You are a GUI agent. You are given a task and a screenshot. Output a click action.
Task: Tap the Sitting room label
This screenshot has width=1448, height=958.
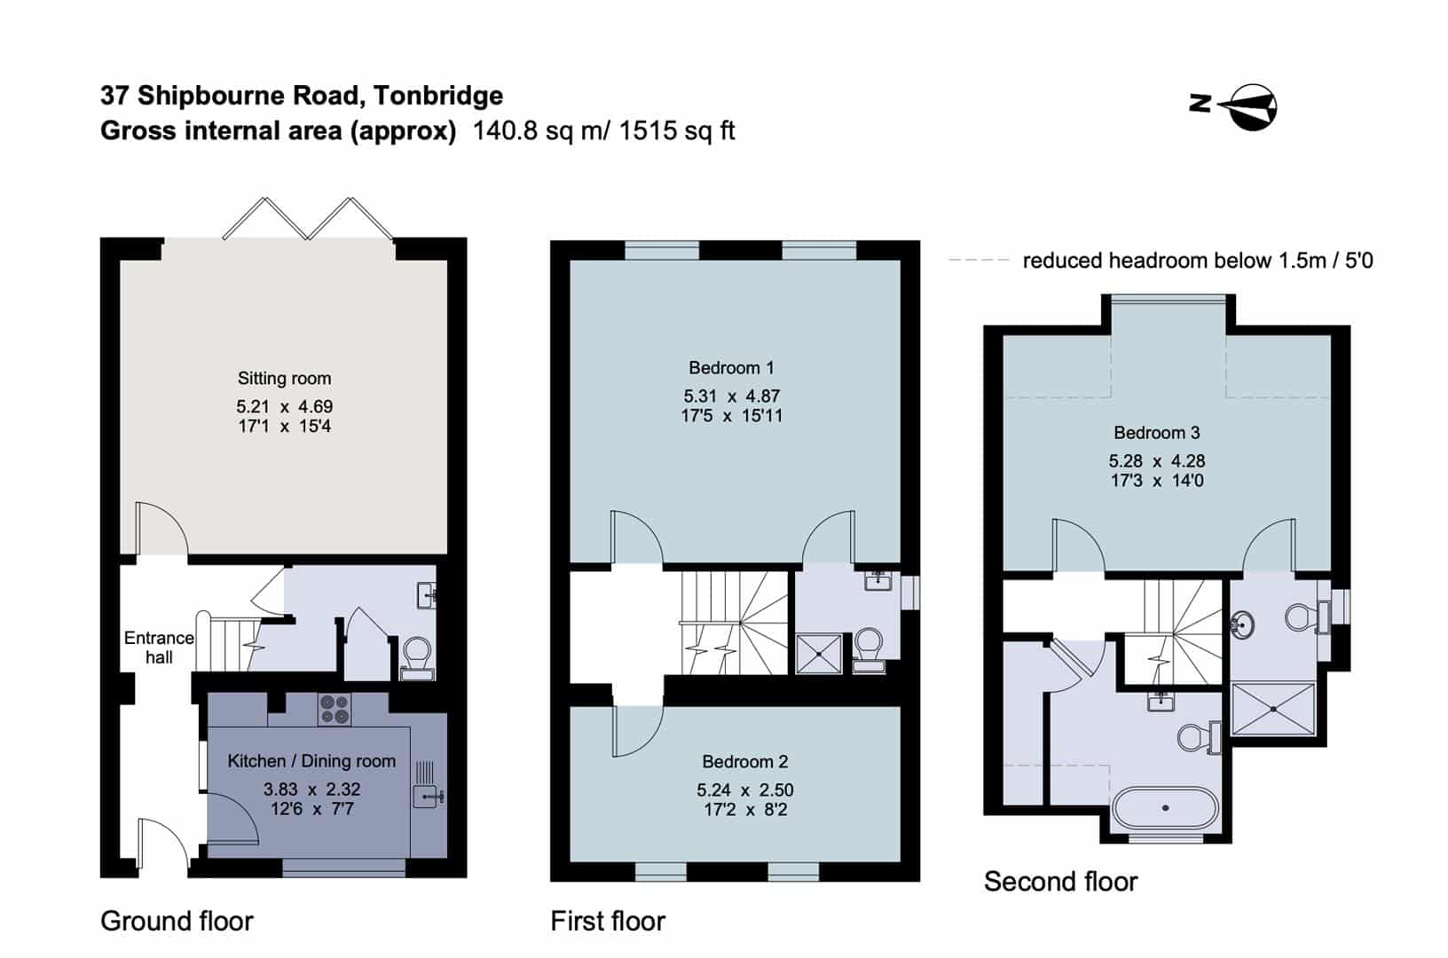285,378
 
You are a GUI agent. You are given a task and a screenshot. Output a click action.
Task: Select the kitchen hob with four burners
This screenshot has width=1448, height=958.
334,709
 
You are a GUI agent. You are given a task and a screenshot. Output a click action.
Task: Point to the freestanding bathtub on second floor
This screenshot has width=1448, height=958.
1166,807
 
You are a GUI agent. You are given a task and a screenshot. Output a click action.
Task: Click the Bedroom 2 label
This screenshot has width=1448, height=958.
744,761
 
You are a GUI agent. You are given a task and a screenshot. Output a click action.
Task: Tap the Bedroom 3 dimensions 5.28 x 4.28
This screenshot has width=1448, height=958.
1157,461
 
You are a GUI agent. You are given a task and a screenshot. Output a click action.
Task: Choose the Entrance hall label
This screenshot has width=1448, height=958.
159,648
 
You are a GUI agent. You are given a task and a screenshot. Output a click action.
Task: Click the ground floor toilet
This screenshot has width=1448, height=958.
417,659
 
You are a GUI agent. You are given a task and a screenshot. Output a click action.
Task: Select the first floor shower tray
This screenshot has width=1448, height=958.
819,654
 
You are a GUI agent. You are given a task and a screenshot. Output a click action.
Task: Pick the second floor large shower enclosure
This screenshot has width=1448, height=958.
1273,709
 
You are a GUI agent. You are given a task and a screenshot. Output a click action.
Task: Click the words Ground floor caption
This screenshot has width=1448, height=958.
177,921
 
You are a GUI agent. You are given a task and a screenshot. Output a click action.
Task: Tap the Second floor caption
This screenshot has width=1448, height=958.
1061,882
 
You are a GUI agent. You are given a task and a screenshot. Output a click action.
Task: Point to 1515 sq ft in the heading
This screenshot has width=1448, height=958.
677,130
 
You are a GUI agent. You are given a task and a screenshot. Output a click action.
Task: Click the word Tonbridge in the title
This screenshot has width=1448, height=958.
438,96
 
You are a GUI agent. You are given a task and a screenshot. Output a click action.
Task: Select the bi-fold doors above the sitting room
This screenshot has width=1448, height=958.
308,218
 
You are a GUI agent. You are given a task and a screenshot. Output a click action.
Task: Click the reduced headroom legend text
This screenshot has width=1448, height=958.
1198,261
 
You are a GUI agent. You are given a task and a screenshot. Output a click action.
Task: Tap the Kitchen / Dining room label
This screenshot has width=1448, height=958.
311,761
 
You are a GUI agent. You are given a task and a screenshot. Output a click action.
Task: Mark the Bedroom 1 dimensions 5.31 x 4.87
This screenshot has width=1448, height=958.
732,396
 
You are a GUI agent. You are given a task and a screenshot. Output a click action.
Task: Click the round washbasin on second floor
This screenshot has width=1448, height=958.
1242,624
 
